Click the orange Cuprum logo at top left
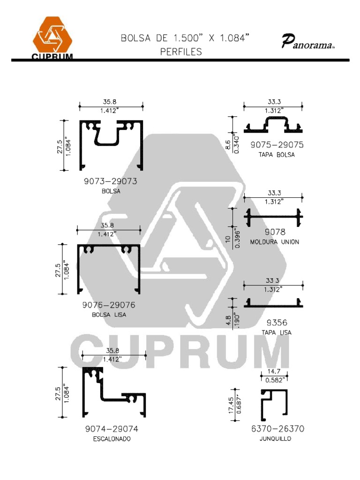point(52,37)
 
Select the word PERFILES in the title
point(181,52)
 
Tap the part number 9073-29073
point(111,181)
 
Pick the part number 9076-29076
point(109,305)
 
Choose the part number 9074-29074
point(112,428)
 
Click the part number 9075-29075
point(277,144)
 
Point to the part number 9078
point(275,232)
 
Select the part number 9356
point(277,322)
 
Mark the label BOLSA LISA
point(109,315)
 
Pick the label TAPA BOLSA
point(277,155)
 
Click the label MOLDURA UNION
point(275,242)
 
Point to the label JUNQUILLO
point(275,439)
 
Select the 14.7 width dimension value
point(274,371)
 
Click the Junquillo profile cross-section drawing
point(275,402)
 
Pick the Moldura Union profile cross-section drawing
point(273,217)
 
